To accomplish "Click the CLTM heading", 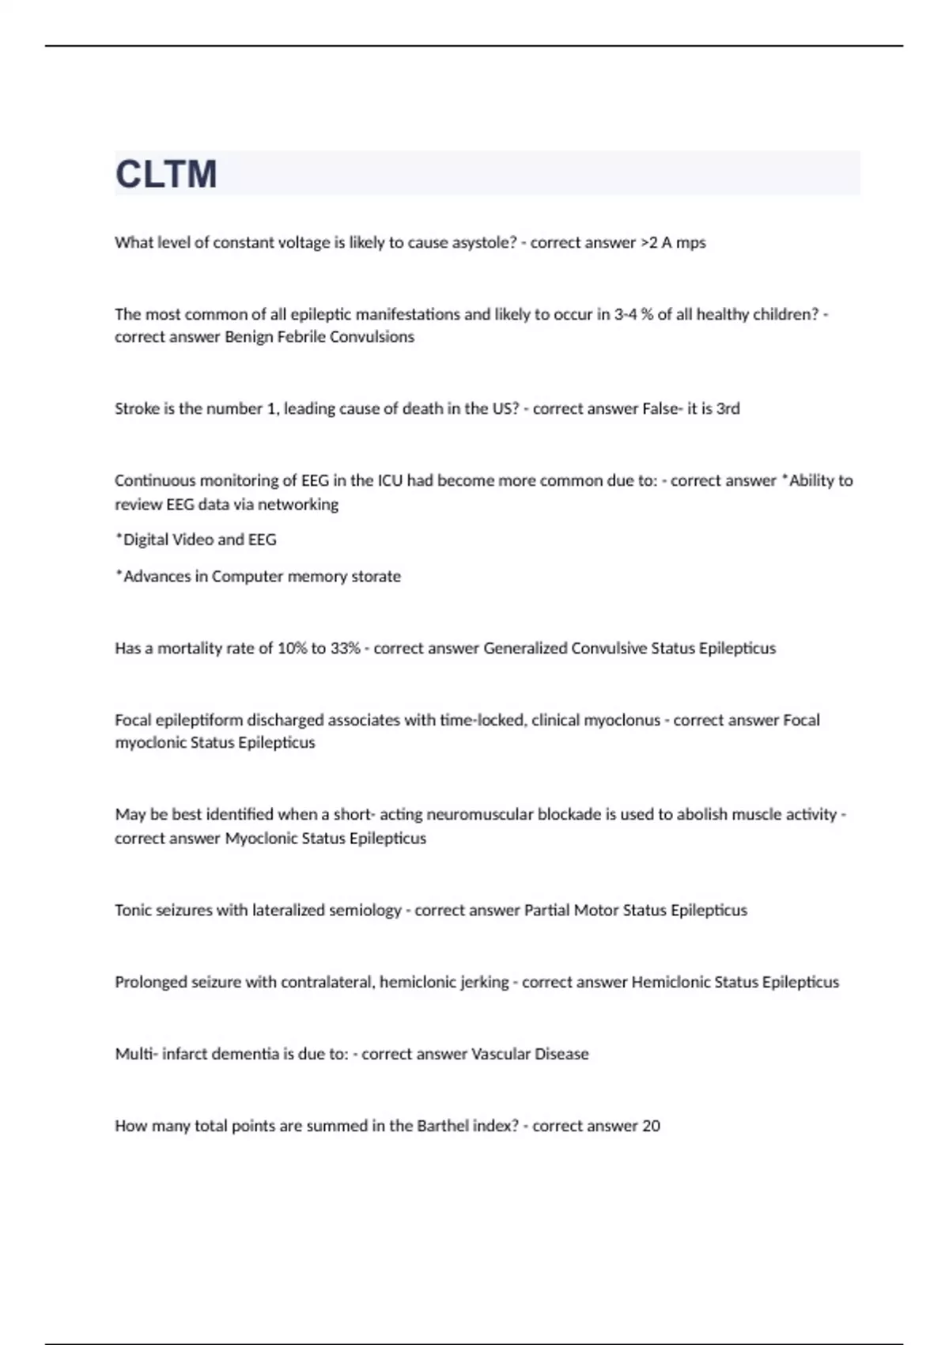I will (x=166, y=174).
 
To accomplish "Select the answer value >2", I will (x=648, y=243).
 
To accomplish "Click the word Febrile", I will (x=302, y=337).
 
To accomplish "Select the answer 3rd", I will (x=728, y=409).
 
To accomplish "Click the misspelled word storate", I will (x=376, y=577).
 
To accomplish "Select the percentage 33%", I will (x=346, y=649).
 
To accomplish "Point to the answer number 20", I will (x=651, y=1126).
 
